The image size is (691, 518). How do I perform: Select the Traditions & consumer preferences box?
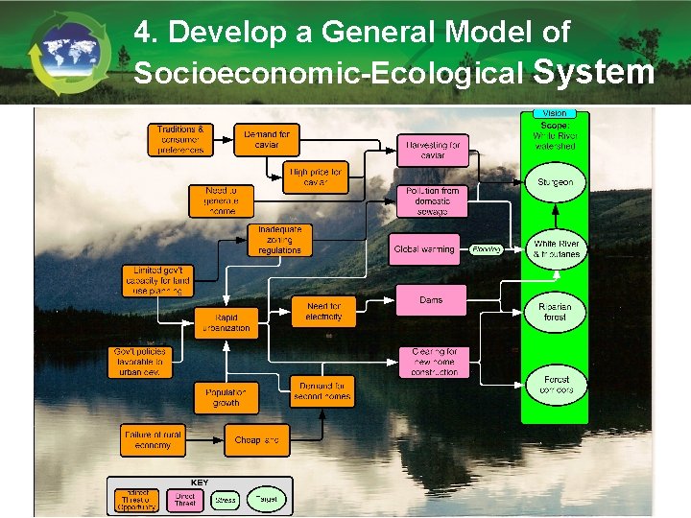[180, 140]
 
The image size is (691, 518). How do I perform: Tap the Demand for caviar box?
[266, 140]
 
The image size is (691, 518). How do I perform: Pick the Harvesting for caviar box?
[432, 151]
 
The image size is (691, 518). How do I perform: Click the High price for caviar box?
[316, 177]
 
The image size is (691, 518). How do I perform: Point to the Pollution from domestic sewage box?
[432, 201]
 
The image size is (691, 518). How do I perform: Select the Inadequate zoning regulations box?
[279, 240]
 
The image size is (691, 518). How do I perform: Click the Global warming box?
[423, 249]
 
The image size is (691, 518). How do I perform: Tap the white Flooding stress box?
[486, 249]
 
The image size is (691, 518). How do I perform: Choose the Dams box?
[432, 301]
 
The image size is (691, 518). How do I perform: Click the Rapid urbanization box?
[226, 323]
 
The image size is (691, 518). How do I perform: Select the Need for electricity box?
[323, 311]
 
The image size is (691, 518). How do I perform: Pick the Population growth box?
[226, 397]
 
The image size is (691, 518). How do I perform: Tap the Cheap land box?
[256, 440]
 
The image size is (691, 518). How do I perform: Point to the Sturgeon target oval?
[555, 182]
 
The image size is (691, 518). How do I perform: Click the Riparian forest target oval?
[555, 312]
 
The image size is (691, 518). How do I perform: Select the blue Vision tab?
[554, 113]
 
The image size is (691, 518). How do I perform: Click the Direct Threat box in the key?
[185, 499]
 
